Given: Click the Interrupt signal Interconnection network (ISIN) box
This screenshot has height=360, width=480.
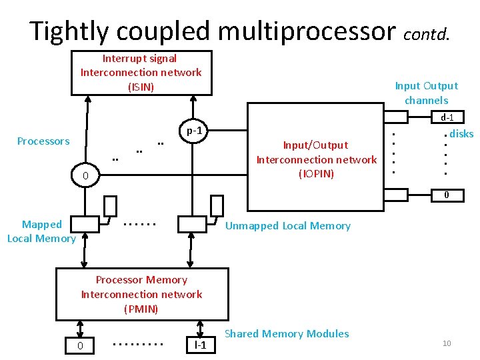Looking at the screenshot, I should [x=141, y=73].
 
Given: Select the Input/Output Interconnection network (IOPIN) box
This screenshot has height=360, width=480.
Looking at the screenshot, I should [x=316, y=159].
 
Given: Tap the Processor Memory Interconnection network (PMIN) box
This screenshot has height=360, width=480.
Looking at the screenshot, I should [x=141, y=294].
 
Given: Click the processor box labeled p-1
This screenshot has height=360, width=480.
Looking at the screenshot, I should [x=194, y=131].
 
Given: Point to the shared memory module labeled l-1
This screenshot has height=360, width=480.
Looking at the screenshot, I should [x=199, y=345].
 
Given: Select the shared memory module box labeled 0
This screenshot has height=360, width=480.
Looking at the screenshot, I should [x=80, y=345].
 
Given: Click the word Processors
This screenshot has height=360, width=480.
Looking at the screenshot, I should [x=43, y=141].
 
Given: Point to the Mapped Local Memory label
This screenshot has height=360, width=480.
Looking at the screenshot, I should [x=41, y=231].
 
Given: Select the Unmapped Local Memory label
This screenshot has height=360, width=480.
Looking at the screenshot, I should [x=287, y=226].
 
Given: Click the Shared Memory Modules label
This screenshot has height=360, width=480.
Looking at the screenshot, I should [x=287, y=333].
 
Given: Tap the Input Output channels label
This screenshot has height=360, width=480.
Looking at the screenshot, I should [x=426, y=93].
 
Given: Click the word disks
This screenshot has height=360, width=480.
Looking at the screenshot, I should [x=461, y=134].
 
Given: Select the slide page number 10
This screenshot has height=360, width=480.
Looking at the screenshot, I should [x=447, y=343].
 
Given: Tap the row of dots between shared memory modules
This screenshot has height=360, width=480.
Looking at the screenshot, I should [x=139, y=345].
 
